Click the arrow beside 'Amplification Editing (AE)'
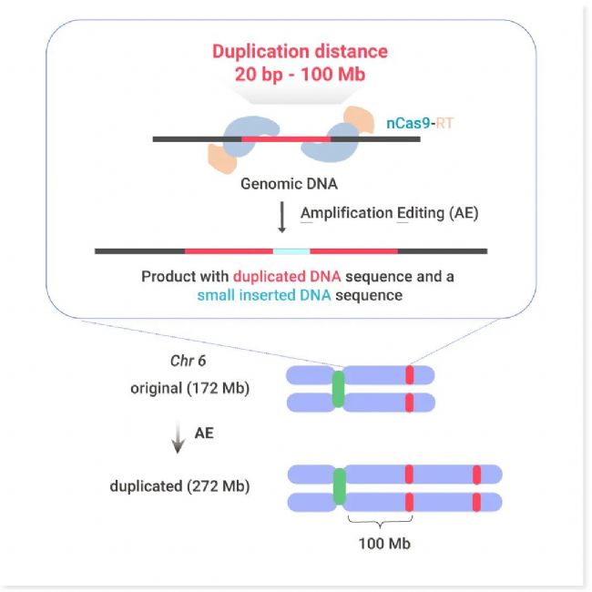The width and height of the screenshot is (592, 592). pyautogui.click(x=281, y=218)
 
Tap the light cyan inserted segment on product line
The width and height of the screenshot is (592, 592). pyautogui.click(x=291, y=250)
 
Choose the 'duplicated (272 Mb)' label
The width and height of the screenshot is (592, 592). pyautogui.click(x=189, y=485)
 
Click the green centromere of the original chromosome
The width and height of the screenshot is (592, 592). pyautogui.click(x=339, y=388)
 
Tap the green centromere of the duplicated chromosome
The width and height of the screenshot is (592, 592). pyautogui.click(x=341, y=486)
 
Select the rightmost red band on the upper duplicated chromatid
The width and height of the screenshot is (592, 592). pyautogui.click(x=476, y=474)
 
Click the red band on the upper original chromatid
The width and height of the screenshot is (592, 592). pyautogui.click(x=410, y=374)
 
